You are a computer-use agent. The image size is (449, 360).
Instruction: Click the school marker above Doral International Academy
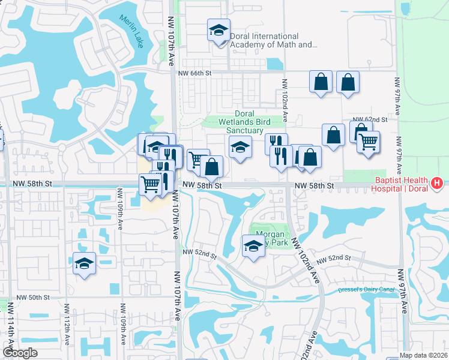coord(218,29)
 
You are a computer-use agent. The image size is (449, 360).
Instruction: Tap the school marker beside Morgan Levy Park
coord(253,246)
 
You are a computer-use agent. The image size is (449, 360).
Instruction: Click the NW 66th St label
coord(196,73)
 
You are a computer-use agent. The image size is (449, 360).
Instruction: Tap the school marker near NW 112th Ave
coord(84,264)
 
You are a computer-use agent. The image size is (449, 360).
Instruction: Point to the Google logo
coord(20,353)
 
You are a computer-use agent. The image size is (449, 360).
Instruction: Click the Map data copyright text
coord(424,355)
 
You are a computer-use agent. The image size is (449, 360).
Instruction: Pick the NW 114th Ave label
coord(10,328)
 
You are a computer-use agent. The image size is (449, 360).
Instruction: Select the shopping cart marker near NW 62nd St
coord(368,142)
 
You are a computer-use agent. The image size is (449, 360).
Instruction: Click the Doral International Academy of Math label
coord(273,40)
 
